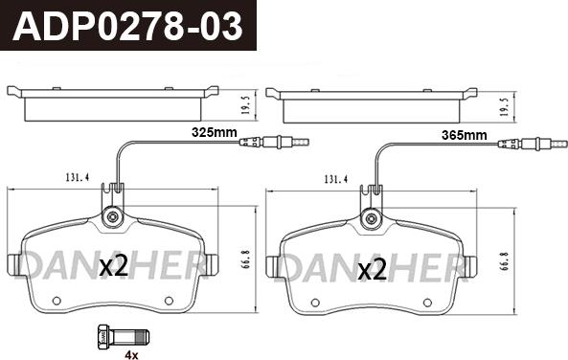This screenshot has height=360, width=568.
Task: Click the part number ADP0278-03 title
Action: point(127,26)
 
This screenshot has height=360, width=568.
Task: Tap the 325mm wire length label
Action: point(215,132)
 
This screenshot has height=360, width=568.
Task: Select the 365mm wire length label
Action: point(464,135)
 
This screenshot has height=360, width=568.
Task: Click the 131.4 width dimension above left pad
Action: point(78,178)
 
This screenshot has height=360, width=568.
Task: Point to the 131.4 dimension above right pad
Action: point(336,179)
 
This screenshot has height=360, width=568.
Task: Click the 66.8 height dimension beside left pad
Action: point(247,259)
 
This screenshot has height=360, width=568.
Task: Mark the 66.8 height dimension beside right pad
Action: point(506,262)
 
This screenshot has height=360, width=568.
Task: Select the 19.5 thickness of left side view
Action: point(245,105)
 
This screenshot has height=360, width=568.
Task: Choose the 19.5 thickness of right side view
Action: point(504,107)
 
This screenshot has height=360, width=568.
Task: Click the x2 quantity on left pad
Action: point(113,266)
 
